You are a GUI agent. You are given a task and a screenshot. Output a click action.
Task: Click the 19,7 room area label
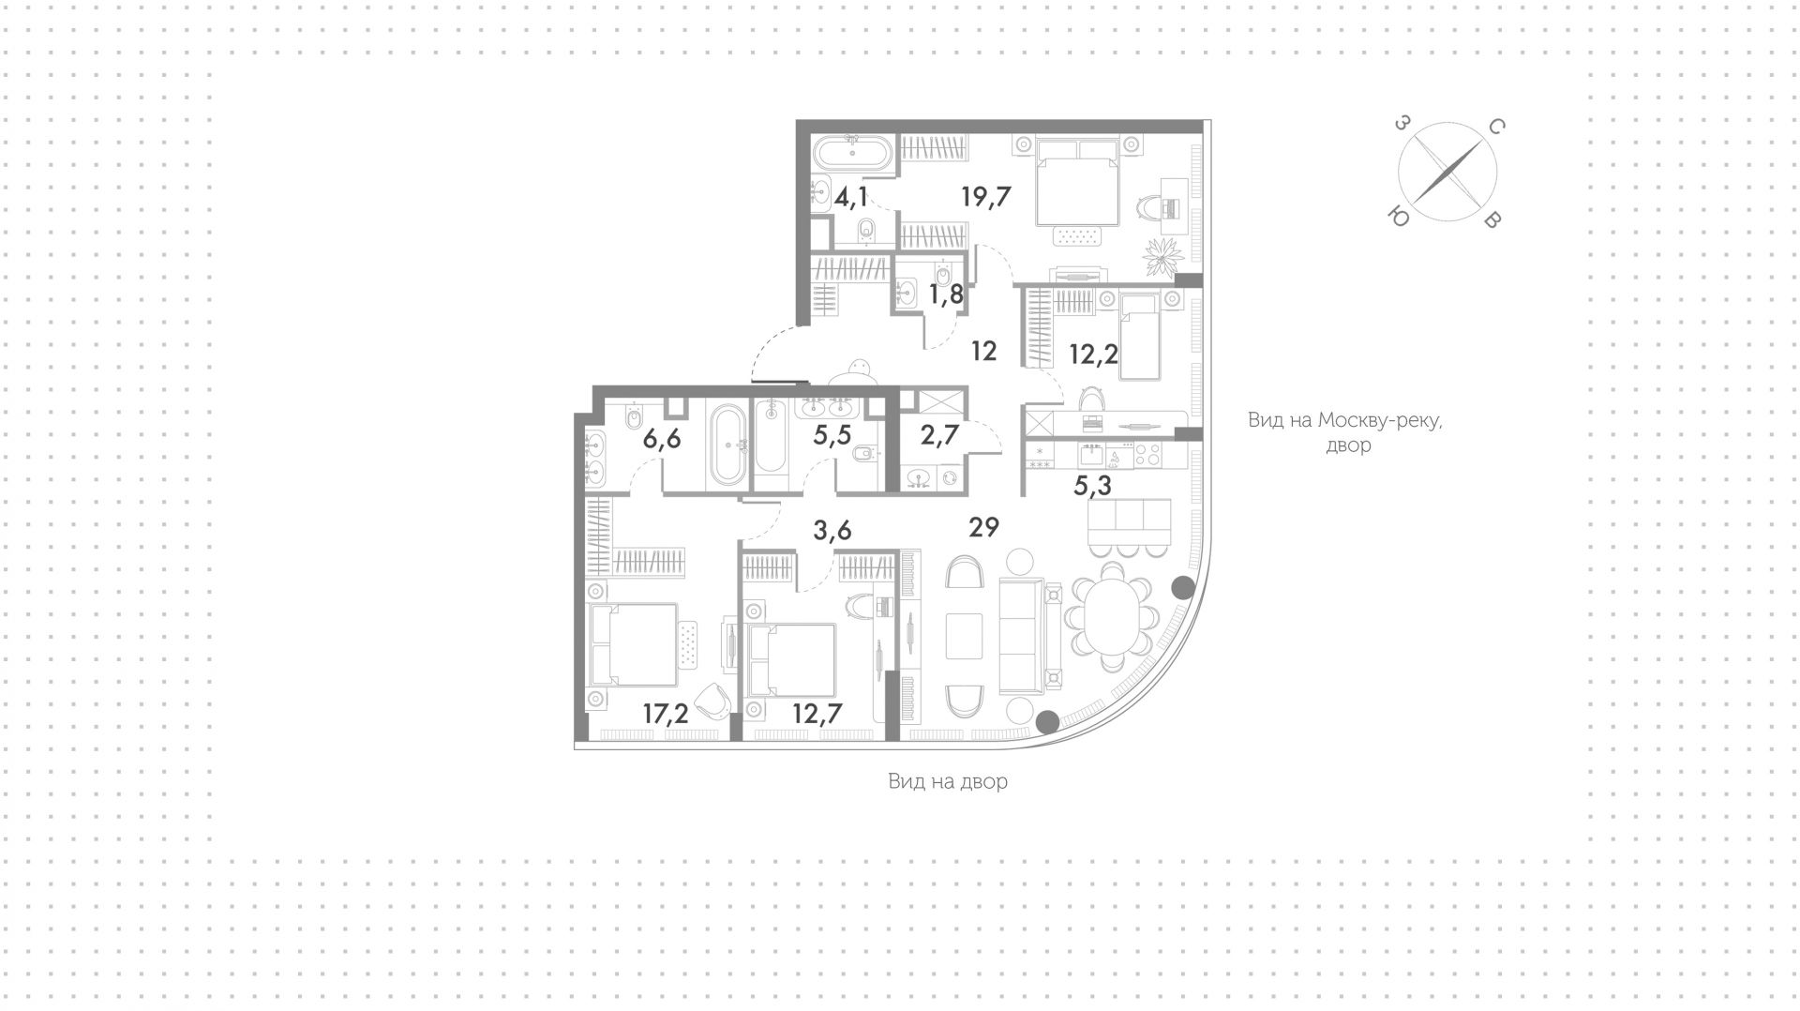(x=986, y=197)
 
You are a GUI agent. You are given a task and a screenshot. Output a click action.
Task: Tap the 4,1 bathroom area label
(x=852, y=197)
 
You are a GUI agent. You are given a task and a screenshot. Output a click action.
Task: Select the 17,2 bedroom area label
(x=666, y=714)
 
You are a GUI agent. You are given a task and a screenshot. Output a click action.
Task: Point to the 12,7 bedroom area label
(x=817, y=714)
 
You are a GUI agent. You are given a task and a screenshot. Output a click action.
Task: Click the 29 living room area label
(x=984, y=527)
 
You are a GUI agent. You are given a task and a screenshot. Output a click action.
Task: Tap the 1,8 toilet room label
(x=946, y=294)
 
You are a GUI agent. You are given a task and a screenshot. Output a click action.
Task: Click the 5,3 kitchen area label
(x=1092, y=486)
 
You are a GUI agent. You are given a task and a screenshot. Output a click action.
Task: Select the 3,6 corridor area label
(x=832, y=531)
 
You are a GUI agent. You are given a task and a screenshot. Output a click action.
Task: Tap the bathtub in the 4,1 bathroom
(x=852, y=154)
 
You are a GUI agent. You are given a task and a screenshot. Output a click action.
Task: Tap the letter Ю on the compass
(x=1399, y=218)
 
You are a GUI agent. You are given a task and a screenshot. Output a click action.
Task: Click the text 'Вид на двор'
(x=948, y=781)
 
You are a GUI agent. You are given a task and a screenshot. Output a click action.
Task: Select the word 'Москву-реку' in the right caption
(x=1379, y=420)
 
